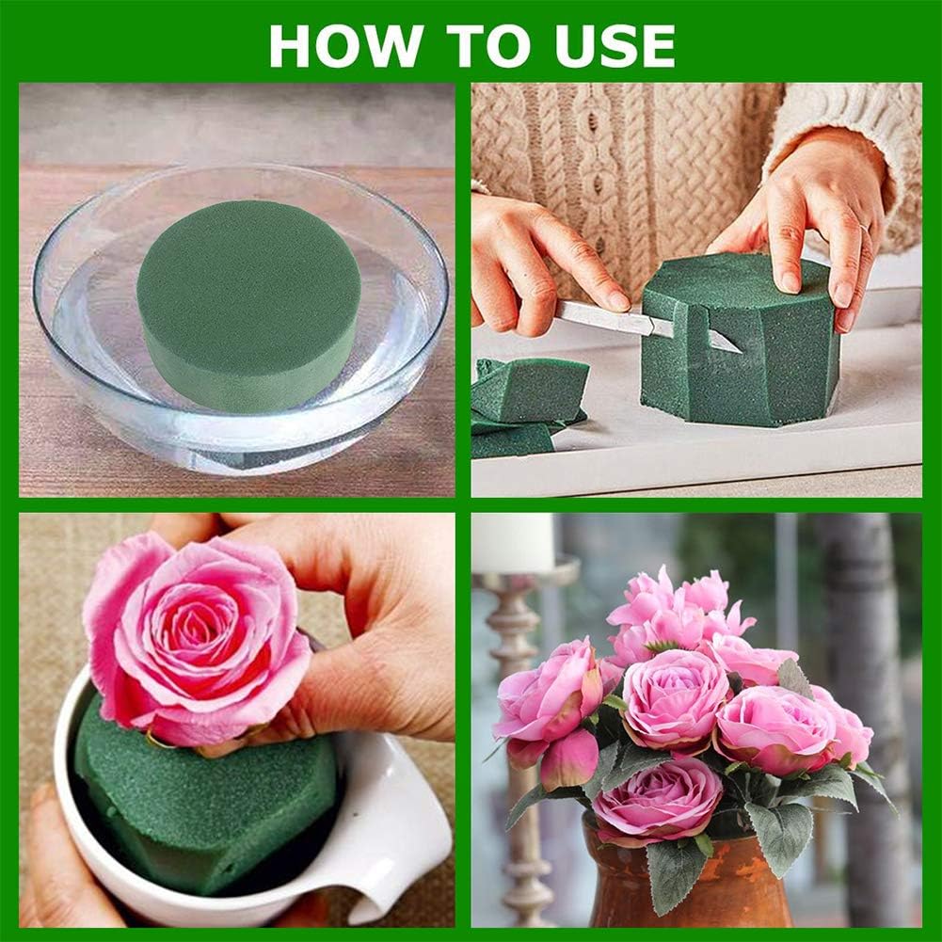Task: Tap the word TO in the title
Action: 479,44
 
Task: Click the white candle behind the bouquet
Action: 513,541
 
